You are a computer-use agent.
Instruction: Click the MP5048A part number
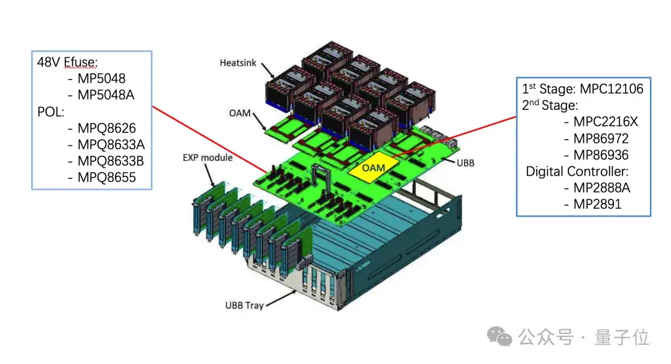tap(105, 96)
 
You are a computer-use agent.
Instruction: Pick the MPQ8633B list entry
tap(111, 162)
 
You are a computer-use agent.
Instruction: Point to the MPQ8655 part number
tap(106, 178)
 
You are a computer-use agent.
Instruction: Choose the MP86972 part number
tap(600, 139)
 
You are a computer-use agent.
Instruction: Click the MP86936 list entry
tap(600, 155)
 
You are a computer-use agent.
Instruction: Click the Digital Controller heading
tap(577, 171)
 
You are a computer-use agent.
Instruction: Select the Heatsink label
tap(237, 63)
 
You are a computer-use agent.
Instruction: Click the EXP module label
tap(208, 157)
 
